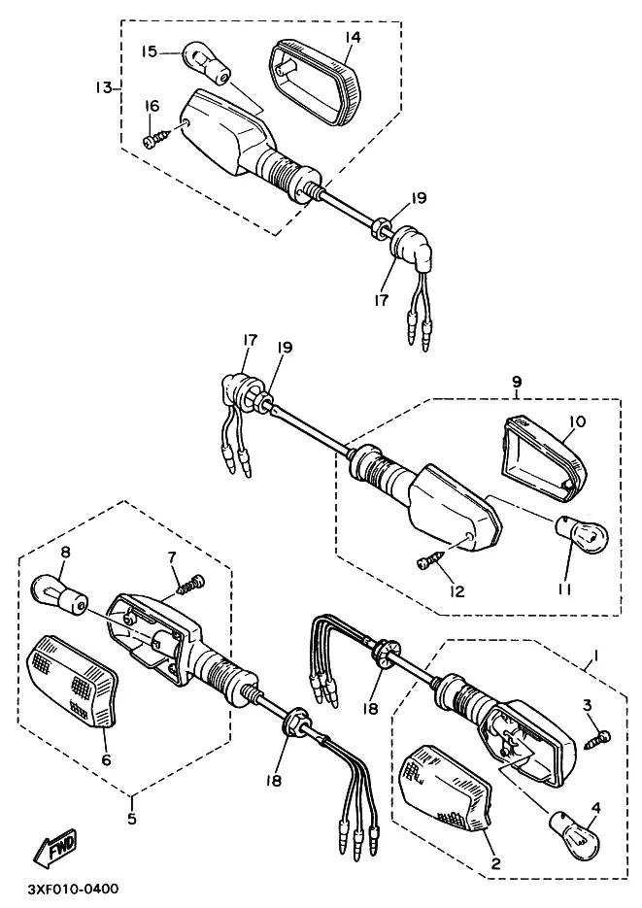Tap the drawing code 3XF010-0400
72,889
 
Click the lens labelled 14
316,82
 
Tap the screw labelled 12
429,558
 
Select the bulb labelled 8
59,594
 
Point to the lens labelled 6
73,682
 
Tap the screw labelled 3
597,739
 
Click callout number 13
105,87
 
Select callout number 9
517,382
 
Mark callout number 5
132,819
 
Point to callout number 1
595,656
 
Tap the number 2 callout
495,863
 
